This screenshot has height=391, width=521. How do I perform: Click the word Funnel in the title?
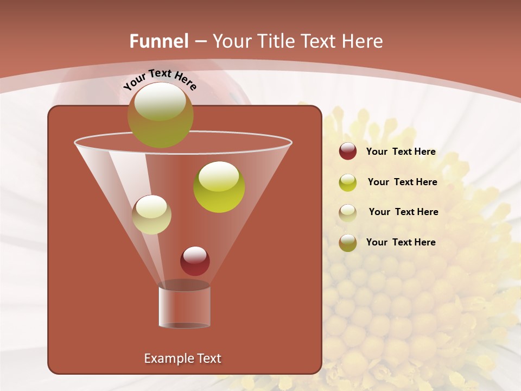[159, 41]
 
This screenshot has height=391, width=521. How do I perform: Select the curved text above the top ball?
[160, 79]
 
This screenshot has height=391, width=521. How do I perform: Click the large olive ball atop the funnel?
[161, 115]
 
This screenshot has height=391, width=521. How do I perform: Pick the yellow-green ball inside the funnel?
[219, 187]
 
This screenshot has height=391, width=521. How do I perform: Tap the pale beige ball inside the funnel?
[151, 215]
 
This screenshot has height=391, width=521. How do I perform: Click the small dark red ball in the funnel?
[195, 261]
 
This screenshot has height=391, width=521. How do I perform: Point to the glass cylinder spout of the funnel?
[185, 307]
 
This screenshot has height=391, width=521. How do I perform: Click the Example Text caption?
[183, 358]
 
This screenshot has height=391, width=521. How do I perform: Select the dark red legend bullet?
[348, 152]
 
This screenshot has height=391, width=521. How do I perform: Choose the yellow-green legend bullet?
[348, 182]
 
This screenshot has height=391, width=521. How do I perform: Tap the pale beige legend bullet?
[348, 212]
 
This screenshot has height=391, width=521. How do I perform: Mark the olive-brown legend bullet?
[348, 243]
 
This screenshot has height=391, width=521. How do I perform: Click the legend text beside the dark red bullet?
[401, 152]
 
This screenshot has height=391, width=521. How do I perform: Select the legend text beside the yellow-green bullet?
[402, 182]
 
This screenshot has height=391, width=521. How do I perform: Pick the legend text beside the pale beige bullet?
[403, 212]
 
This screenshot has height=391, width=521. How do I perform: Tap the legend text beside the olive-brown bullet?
[401, 242]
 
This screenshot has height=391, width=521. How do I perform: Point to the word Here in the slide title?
[360, 41]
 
